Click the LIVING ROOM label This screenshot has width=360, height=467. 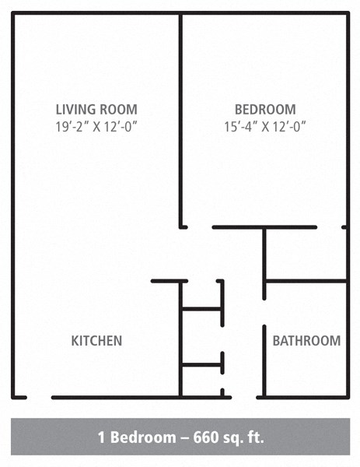tap(97, 109)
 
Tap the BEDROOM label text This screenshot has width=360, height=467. tap(265, 109)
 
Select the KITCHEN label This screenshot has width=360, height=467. tap(96, 341)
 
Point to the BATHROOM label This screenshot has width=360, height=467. tap(306, 341)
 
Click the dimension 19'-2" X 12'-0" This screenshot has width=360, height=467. tap(97, 125)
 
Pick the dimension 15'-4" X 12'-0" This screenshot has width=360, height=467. tap(265, 125)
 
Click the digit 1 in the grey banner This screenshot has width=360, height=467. tap(102, 437)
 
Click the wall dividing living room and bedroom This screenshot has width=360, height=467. tap(181, 117)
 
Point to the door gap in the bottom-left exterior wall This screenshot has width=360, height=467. tap(40, 397)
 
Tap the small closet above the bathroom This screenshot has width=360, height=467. tap(305, 254)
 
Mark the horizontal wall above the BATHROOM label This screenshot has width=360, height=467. tap(306, 280)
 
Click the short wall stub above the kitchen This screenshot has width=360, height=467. tap(169, 280)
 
